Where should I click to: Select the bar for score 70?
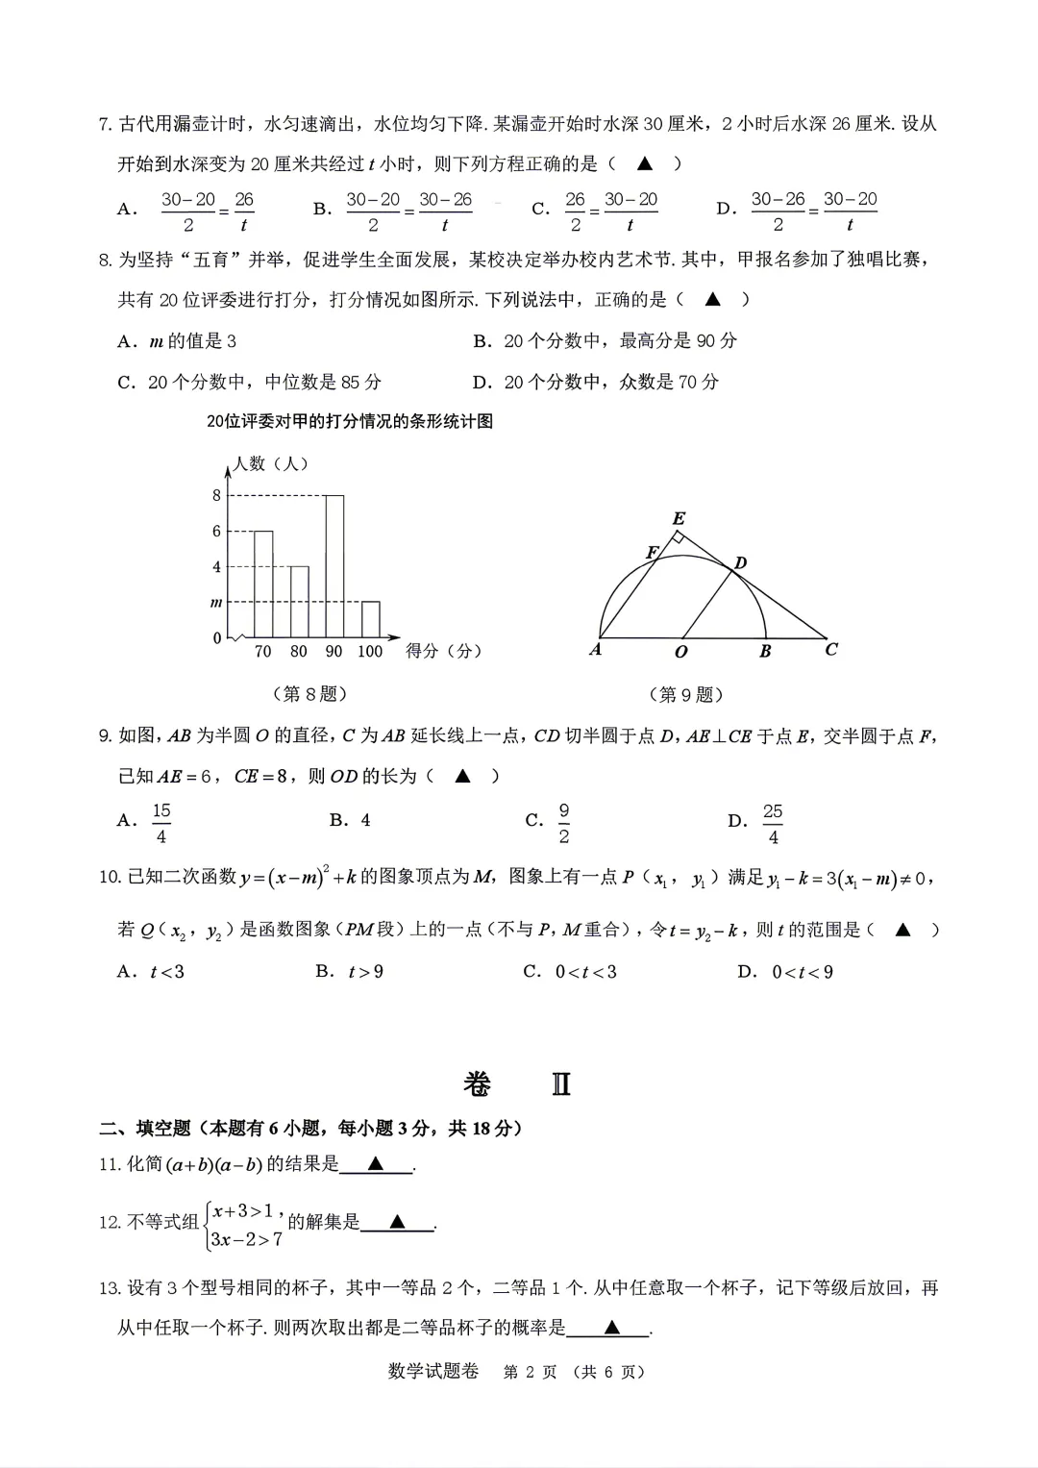[x=262, y=584]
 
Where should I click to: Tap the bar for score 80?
[x=299, y=602]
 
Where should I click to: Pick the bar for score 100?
[x=370, y=619]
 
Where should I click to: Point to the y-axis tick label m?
[x=216, y=603]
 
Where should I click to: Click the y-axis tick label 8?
[x=216, y=496]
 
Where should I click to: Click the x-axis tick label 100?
[x=370, y=652]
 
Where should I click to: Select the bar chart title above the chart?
[x=350, y=421]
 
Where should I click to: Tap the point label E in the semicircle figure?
[x=679, y=519]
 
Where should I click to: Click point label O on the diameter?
[x=681, y=652]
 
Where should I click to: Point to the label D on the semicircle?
[x=740, y=562]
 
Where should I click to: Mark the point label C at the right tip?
[x=831, y=650]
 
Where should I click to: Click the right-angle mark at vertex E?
[x=678, y=537]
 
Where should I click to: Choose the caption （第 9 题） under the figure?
[x=686, y=694]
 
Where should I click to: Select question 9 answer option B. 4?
[x=350, y=820]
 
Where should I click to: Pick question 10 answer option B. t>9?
[x=349, y=971]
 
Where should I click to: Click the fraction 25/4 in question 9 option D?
[x=773, y=824]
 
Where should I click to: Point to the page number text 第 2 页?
[x=530, y=1372]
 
